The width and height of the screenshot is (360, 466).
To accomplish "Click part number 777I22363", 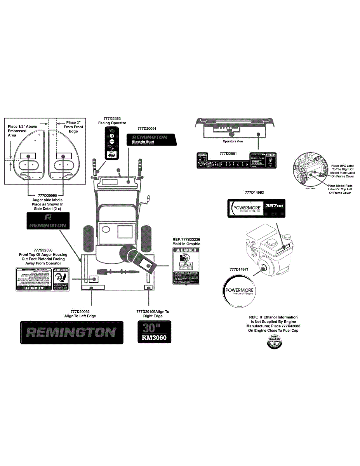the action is [112, 118].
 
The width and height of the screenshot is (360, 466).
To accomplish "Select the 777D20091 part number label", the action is [147, 128].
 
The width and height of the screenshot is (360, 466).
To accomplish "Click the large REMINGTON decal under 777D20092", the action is [73, 332].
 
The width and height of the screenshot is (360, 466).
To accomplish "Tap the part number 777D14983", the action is [254, 192].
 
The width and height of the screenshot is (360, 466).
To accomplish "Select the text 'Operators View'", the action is [233, 141].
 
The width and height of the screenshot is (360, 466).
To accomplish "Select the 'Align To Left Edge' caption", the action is [80, 316].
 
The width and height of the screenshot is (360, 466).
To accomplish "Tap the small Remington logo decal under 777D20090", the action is [48, 221].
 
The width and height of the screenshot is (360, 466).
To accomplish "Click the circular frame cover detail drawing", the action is [309, 170].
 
